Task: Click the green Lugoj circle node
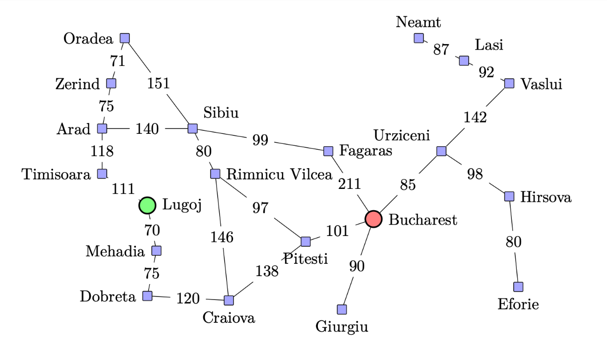pyautogui.click(x=147, y=205)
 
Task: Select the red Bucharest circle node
pyautogui.click(x=373, y=219)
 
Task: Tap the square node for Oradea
pyautogui.click(x=124, y=38)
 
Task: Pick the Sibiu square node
pyautogui.click(x=192, y=128)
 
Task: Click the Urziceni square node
pyautogui.click(x=441, y=151)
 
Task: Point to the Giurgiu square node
pyautogui.click(x=342, y=309)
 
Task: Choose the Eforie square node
pyautogui.click(x=518, y=287)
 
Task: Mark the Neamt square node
pyautogui.click(x=419, y=38)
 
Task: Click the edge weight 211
pyautogui.click(x=349, y=184)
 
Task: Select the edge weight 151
pyautogui.click(x=158, y=83)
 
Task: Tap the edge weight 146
pyautogui.click(x=222, y=237)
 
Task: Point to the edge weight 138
pyautogui.click(x=267, y=271)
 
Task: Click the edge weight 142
pyautogui.click(x=475, y=118)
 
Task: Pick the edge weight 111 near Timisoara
pyautogui.click(x=123, y=189)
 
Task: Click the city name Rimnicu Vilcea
pyautogui.click(x=279, y=174)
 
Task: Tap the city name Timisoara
pyautogui.click(x=56, y=174)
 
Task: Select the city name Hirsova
pyautogui.click(x=546, y=197)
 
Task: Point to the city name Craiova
pyautogui.click(x=229, y=317)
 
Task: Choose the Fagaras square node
pyautogui.click(x=328, y=151)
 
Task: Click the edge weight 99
pyautogui.click(x=260, y=140)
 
